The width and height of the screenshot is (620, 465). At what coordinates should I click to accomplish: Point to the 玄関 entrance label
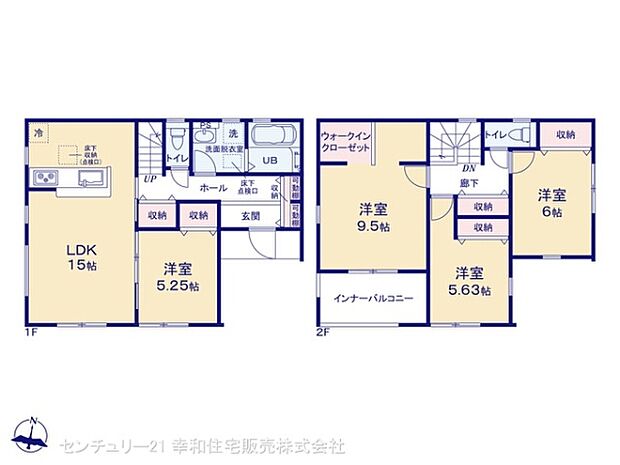251,214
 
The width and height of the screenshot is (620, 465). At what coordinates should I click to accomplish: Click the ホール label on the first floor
211,187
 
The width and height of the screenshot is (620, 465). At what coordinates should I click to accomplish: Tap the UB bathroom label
269,160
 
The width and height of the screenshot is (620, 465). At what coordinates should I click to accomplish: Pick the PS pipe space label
204,127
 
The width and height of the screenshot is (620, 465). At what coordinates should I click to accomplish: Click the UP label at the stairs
149,179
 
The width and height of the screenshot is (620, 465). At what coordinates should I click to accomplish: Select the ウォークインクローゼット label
344,140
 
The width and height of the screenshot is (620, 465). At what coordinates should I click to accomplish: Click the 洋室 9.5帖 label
373,217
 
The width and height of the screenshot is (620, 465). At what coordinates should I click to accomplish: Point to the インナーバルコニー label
373,297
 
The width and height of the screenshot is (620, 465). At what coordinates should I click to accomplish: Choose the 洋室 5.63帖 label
469,280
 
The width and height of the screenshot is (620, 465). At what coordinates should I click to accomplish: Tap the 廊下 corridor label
467,184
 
